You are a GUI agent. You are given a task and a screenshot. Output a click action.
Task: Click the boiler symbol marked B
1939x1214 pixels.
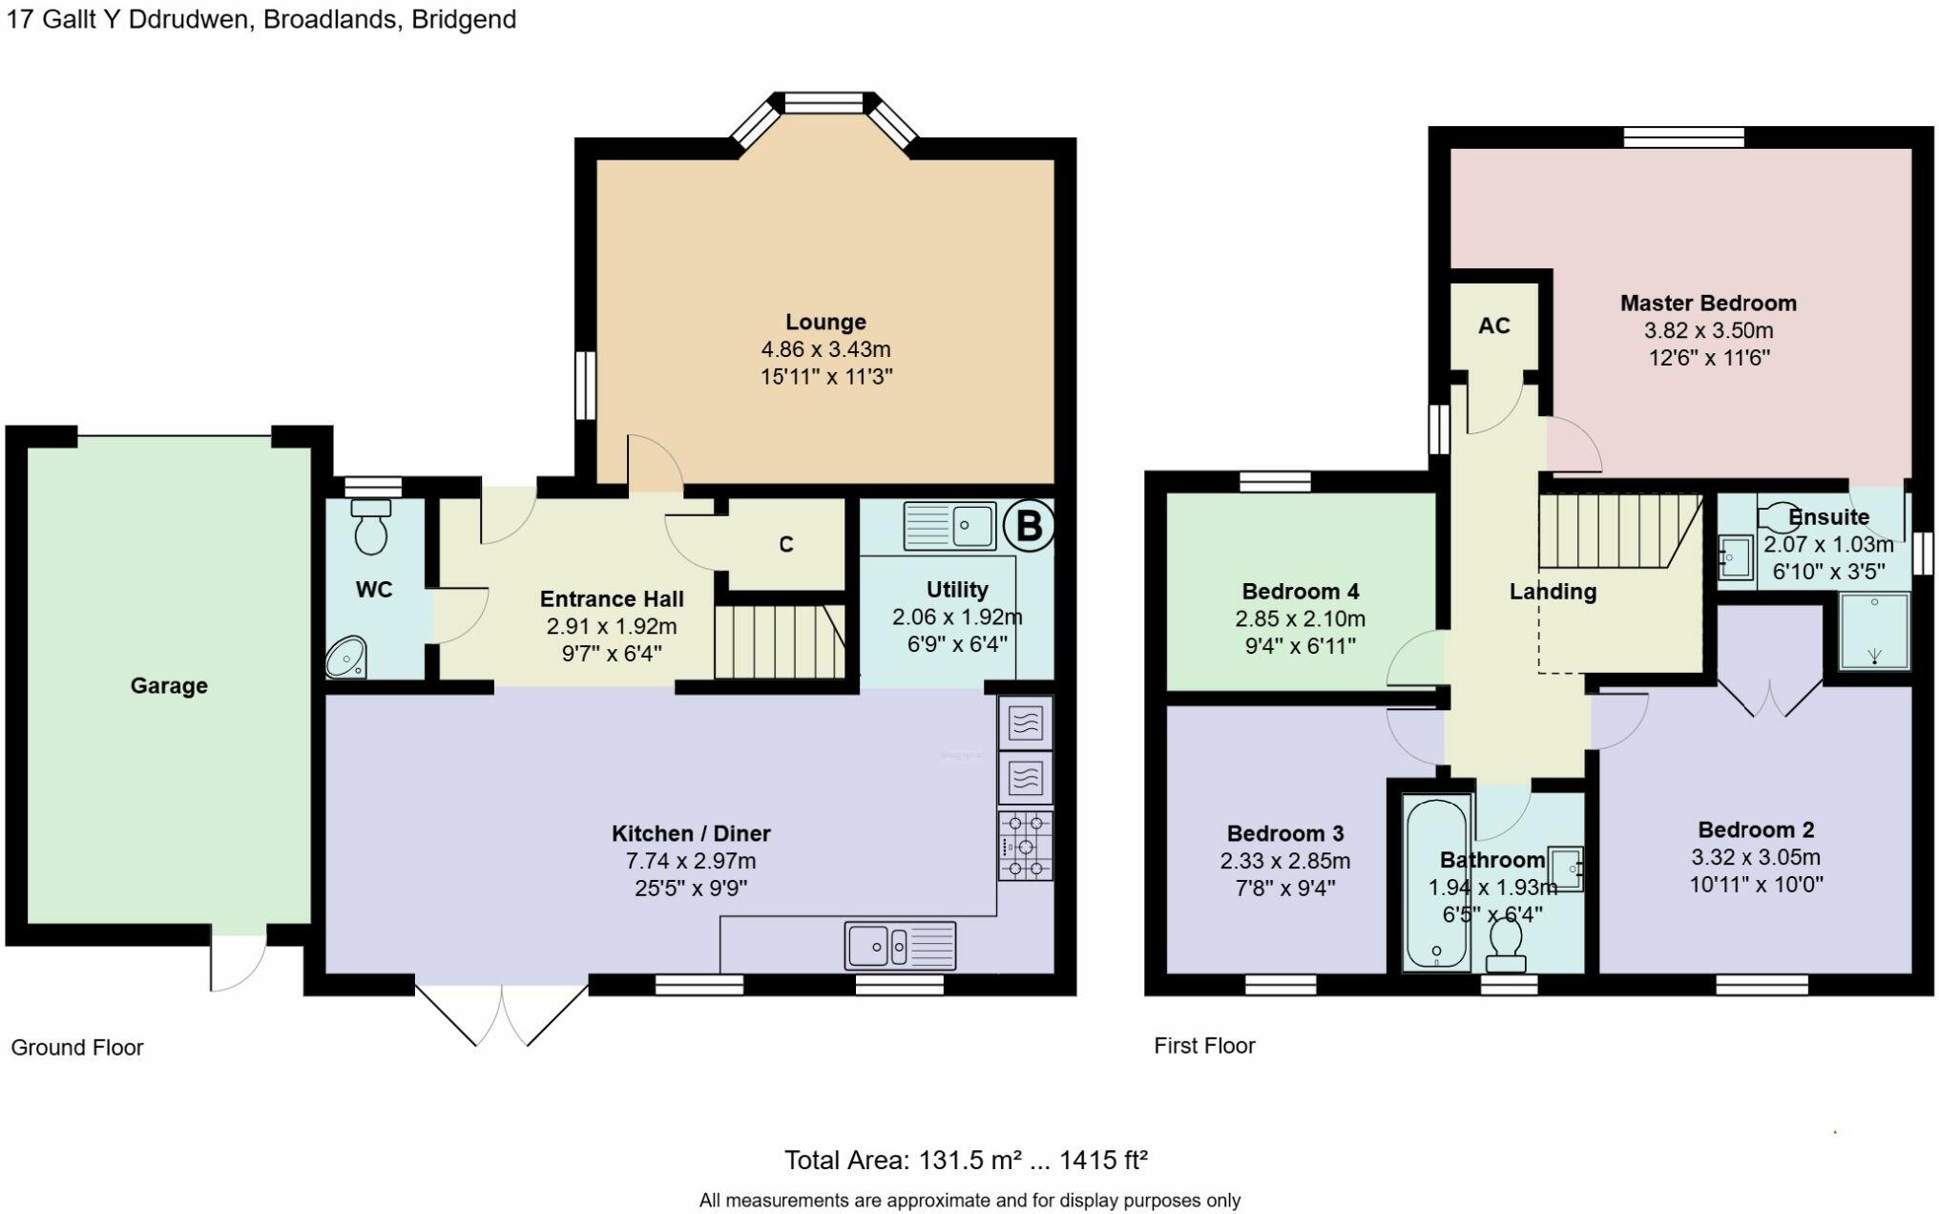(x=1029, y=526)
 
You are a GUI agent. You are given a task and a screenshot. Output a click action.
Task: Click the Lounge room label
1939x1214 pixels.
(x=825, y=322)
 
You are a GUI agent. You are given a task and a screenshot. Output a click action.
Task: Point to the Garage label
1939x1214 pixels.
(x=169, y=685)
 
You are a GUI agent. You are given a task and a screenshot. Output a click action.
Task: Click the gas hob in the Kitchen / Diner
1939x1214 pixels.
(x=1026, y=846)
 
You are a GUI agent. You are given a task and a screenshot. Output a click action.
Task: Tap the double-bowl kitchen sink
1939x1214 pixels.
(x=900, y=946)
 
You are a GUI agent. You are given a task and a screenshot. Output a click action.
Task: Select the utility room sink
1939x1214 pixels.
(x=949, y=526)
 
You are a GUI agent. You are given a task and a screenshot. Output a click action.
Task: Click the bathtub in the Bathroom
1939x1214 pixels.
(x=1436, y=883)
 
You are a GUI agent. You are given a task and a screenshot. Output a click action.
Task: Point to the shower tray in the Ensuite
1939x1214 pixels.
(x=1875, y=630)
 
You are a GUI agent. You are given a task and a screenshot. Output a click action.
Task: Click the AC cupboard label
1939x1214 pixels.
(x=1494, y=325)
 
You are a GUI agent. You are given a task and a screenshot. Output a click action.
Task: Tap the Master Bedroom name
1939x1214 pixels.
(x=1708, y=303)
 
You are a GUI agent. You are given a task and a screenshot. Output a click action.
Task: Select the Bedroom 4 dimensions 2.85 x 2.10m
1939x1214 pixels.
(x=1300, y=618)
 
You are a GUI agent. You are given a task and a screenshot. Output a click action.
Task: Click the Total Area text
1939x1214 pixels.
(x=966, y=1161)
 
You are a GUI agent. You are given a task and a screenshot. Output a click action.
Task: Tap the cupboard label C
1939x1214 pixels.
(x=786, y=544)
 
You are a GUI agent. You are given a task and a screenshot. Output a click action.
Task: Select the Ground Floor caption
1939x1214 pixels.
(x=77, y=1047)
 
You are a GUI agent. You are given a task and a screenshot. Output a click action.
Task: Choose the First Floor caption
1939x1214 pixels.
(x=1204, y=1045)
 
